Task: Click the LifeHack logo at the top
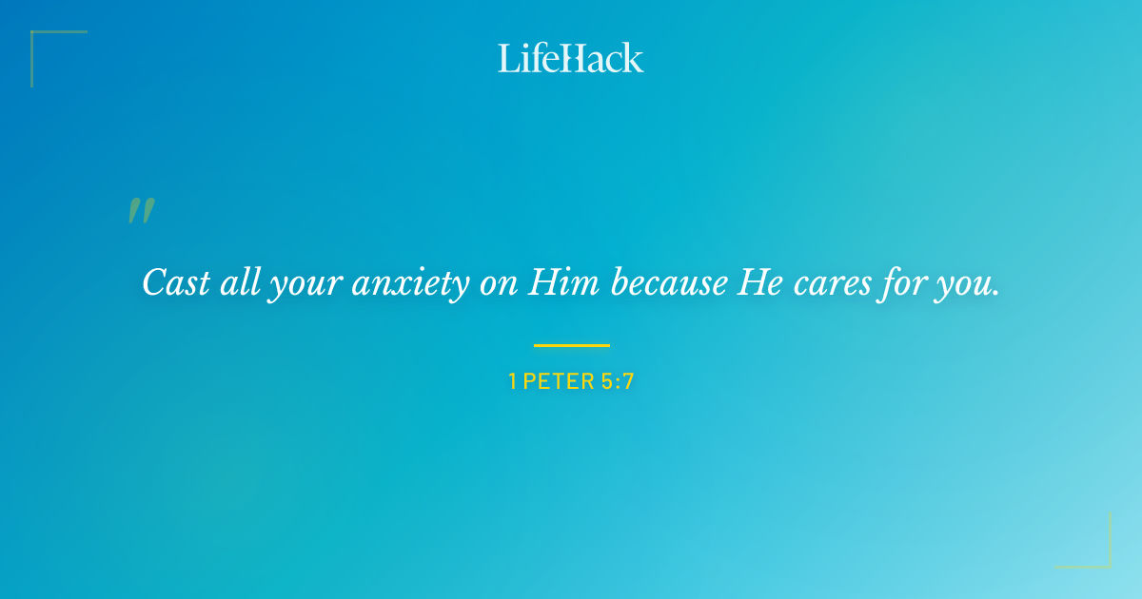[x=571, y=58]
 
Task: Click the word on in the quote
[x=498, y=284]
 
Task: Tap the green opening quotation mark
[x=141, y=211]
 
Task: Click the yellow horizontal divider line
[x=571, y=345]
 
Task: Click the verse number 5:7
[x=617, y=382]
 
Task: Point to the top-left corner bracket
[x=43, y=43]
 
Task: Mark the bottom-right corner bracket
[x=1099, y=556]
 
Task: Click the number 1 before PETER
[x=512, y=382]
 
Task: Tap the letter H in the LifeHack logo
[x=571, y=59]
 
